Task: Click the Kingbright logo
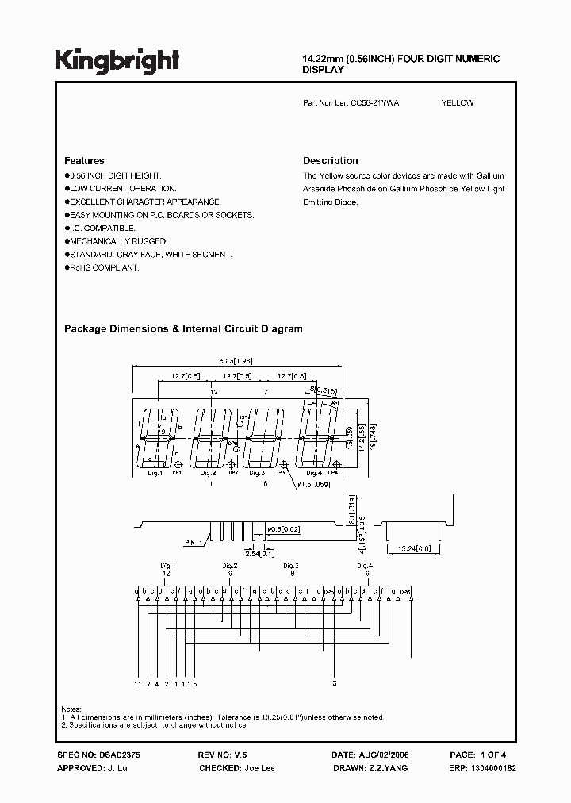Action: [x=117, y=60]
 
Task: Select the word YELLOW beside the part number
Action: [x=458, y=103]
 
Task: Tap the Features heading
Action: [x=84, y=161]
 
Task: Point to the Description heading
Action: [x=331, y=161]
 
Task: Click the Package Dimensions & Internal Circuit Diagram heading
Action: [x=182, y=328]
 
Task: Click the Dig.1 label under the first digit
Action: [x=155, y=474]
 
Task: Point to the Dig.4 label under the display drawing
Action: [x=314, y=474]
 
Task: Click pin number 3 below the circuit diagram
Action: [x=335, y=683]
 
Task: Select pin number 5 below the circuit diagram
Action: [x=194, y=683]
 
